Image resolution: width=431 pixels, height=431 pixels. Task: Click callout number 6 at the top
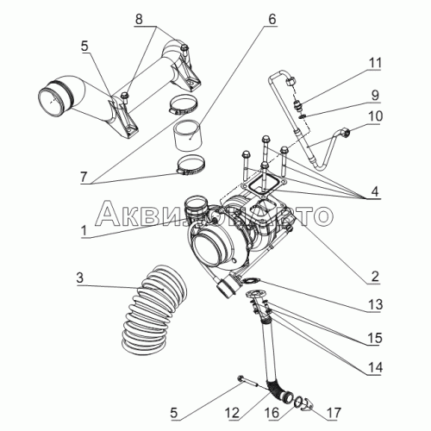coord(272,19)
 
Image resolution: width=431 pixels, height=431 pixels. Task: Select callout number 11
coord(375,63)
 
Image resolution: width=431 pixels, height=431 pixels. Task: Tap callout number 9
coord(375,95)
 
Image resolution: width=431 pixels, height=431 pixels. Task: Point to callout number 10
coord(375,116)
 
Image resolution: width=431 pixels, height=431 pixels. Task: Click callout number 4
coord(375,191)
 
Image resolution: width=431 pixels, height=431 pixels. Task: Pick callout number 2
coord(375,276)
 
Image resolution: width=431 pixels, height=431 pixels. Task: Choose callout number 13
coord(375,304)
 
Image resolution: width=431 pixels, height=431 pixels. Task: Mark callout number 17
coord(334,413)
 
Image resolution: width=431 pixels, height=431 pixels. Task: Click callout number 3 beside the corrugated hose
coord(79,278)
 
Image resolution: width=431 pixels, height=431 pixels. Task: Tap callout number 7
coord(84,177)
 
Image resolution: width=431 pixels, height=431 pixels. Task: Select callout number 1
coord(84,231)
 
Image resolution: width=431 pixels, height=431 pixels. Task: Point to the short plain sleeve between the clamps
coord(188,135)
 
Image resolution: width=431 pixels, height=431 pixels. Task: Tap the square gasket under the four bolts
coord(263,184)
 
